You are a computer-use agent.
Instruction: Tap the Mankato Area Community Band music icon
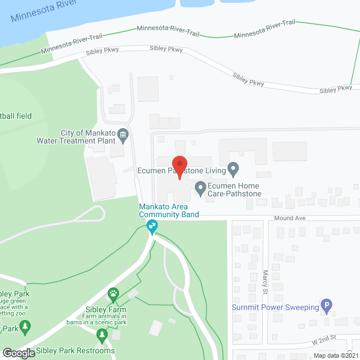pos(151,227)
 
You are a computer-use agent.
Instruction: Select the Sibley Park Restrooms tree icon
pos(102,336)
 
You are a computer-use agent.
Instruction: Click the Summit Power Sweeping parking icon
pos(326,307)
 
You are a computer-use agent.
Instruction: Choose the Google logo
pos(18,353)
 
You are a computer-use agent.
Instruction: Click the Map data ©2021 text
pos(335,355)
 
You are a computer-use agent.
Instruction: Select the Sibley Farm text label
pos(106,310)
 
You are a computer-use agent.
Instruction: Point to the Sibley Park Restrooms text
pos(75,351)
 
